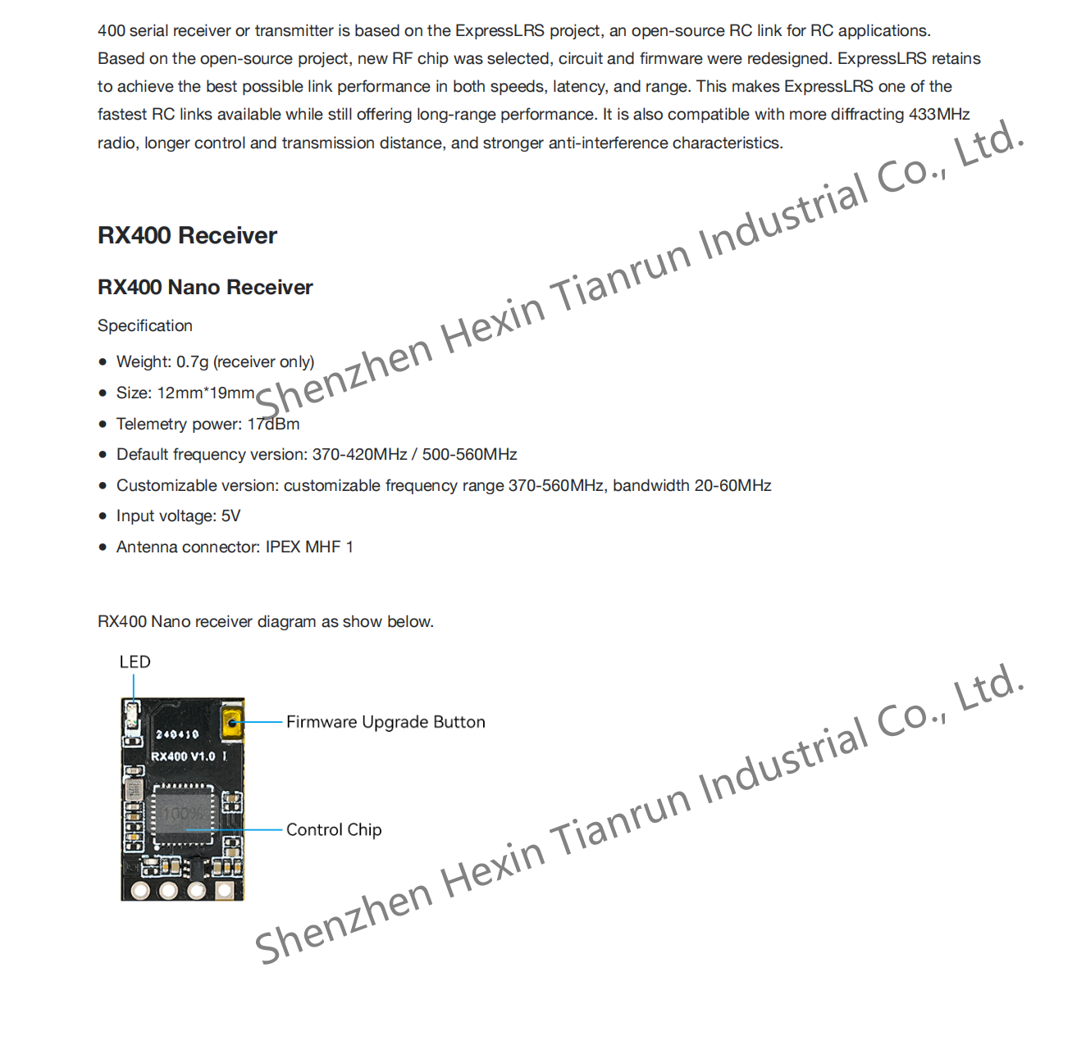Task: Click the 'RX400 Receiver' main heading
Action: pyautogui.click(x=187, y=236)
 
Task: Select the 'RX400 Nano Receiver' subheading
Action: pyautogui.click(x=205, y=288)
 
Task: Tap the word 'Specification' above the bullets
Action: pyautogui.click(x=145, y=326)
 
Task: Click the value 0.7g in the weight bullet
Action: pyautogui.click(x=193, y=362)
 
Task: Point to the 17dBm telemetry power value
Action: pyautogui.click(x=273, y=425)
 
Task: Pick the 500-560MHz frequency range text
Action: pyautogui.click(x=469, y=455)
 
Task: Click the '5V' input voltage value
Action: pyautogui.click(x=230, y=516)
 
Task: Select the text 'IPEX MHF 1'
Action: pyautogui.click(x=309, y=547)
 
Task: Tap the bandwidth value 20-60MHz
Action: pyautogui.click(x=732, y=486)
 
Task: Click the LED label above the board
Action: pyautogui.click(x=135, y=662)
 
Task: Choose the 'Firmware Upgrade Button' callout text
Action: pyautogui.click(x=386, y=722)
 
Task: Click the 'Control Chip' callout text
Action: pyautogui.click(x=334, y=830)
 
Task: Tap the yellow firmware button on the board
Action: pyautogui.click(x=232, y=723)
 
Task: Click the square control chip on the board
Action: pyautogui.click(x=183, y=814)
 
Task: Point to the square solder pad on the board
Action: pyautogui.click(x=224, y=889)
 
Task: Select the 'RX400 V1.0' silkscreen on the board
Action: pyautogui.click(x=183, y=756)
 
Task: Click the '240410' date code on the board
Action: pyautogui.click(x=177, y=735)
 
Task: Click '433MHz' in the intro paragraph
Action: pyautogui.click(x=939, y=115)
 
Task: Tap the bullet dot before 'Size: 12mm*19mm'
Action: pyautogui.click(x=103, y=393)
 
